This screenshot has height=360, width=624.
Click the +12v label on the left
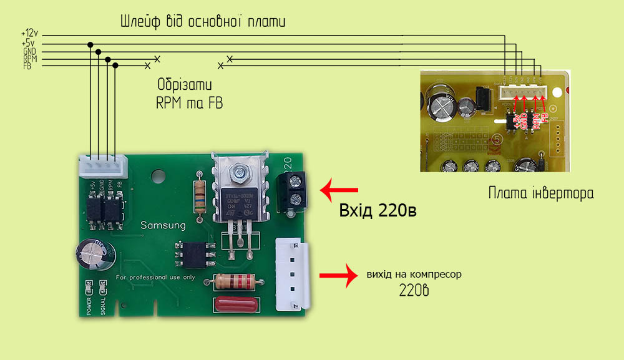coord(29,33)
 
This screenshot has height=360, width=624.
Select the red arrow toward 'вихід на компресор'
coord(338,275)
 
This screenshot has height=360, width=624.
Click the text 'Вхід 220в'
coord(378,210)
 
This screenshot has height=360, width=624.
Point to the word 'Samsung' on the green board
coord(163,225)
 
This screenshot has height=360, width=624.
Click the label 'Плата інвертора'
coord(541,193)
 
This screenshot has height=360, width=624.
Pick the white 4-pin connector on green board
coord(102,167)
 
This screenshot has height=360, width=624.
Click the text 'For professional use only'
coord(156,277)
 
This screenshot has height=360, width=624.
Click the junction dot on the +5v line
coord(91,44)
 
